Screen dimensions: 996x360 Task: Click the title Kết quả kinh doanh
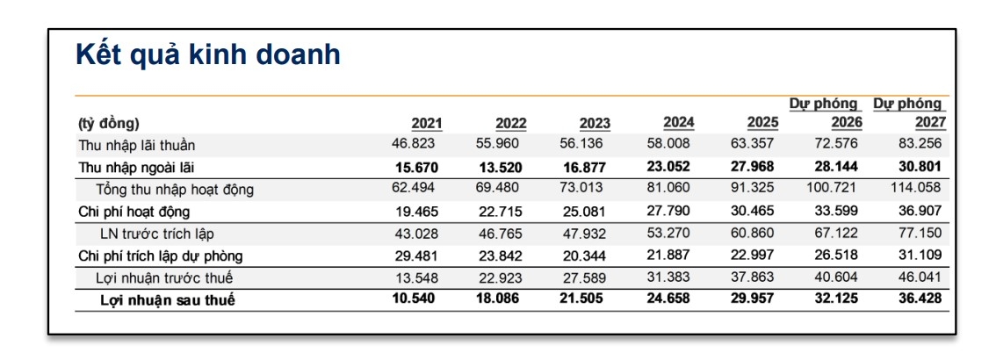(x=207, y=56)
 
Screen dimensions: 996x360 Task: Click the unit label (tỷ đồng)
(x=109, y=123)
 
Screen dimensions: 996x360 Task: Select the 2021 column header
(x=427, y=123)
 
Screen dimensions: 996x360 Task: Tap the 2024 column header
(x=678, y=122)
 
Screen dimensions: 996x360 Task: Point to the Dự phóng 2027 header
(x=909, y=112)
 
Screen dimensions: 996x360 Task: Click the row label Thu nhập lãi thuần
(x=136, y=146)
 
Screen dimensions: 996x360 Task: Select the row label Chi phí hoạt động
(x=134, y=212)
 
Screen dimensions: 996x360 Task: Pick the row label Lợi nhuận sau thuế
(x=168, y=300)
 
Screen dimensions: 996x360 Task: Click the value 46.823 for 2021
(x=414, y=143)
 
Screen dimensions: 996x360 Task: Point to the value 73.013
(x=581, y=188)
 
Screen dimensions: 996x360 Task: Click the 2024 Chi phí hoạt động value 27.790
(x=668, y=210)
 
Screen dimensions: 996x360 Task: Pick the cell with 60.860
(x=752, y=233)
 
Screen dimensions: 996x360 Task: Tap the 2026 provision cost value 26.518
(x=836, y=255)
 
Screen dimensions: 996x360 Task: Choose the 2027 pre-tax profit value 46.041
(x=920, y=277)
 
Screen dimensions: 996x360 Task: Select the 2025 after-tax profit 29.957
(x=752, y=299)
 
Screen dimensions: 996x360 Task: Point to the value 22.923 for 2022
(x=499, y=277)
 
